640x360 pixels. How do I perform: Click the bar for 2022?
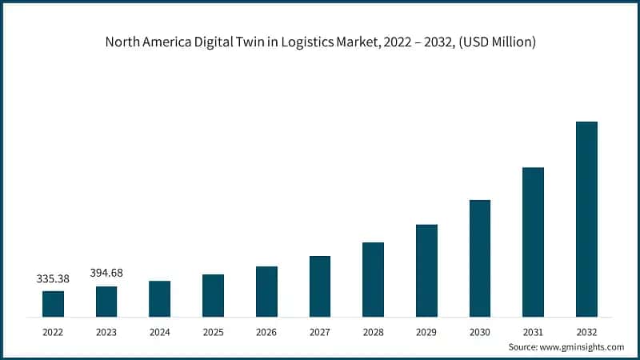coord(53,303)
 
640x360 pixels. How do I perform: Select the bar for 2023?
coord(106,301)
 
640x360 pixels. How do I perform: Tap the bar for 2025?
coord(213,295)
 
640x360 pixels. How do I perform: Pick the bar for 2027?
coord(320,286)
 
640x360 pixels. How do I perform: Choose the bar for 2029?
coord(426,270)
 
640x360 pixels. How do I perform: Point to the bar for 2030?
coord(480,258)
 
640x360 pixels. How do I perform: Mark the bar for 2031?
coord(533,242)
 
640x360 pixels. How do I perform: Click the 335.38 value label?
coord(53,279)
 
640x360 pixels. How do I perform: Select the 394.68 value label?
coord(106,274)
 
